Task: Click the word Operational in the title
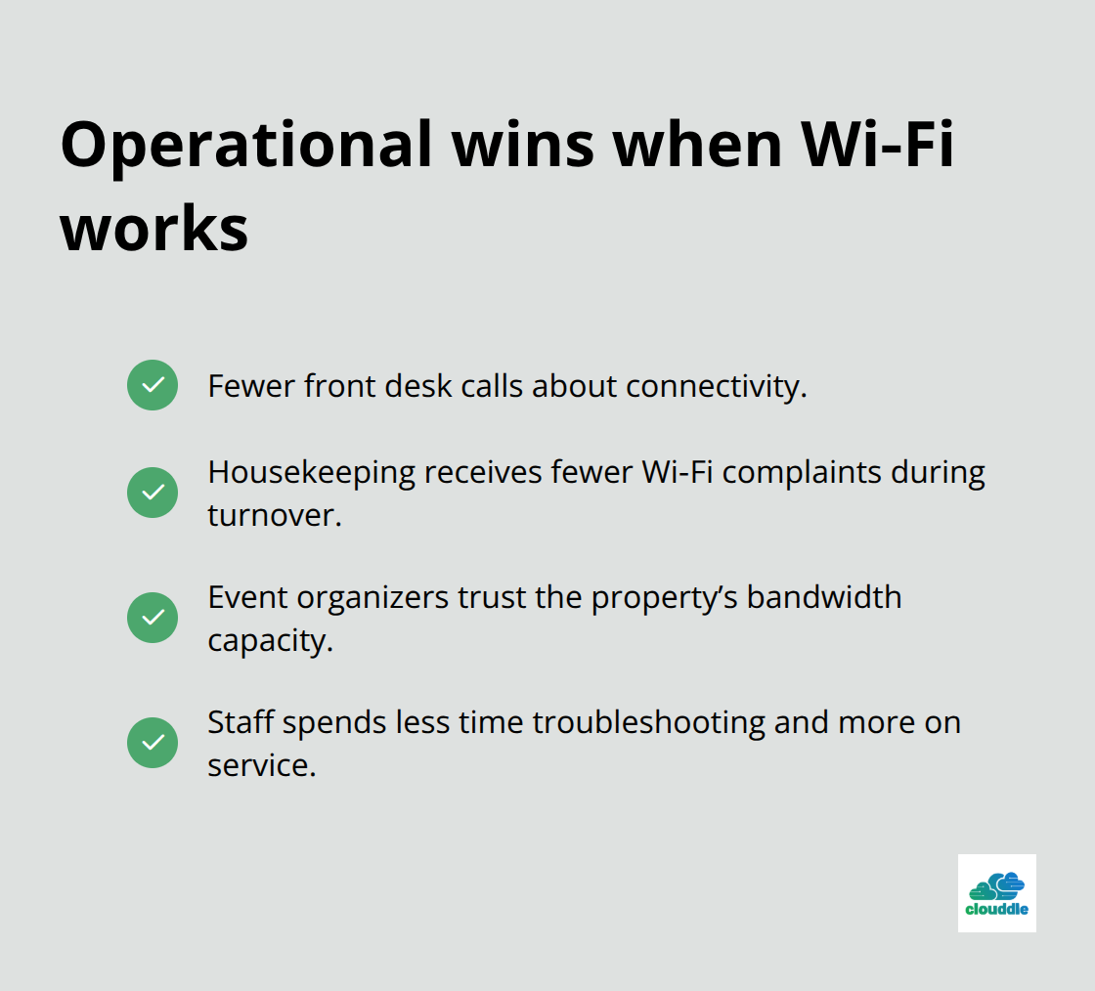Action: tap(245, 146)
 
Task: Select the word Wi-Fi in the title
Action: tap(878, 146)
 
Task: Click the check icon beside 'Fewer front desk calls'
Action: tap(153, 385)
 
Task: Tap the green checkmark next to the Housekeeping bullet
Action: tap(153, 493)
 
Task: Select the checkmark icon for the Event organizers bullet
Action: tap(153, 618)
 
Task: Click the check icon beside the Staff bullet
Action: tap(153, 743)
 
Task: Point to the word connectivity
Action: tap(716, 386)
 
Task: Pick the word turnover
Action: tap(274, 515)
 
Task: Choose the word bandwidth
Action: tap(824, 597)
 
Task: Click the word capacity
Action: tap(270, 640)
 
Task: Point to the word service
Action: tap(261, 765)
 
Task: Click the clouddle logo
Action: tap(996, 892)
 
